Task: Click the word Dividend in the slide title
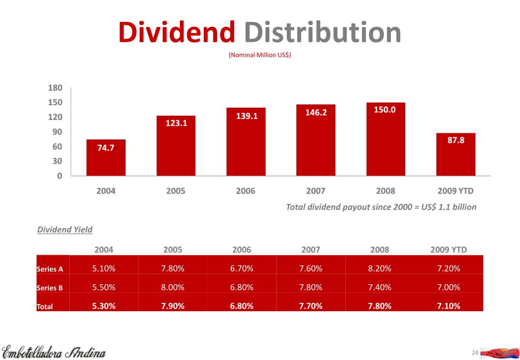[x=176, y=32]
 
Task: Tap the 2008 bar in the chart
[x=386, y=140]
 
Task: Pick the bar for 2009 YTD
[x=455, y=155]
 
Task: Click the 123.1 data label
[x=176, y=123]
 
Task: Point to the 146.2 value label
[x=316, y=112]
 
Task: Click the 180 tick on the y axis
[x=55, y=88]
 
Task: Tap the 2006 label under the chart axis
[x=246, y=191]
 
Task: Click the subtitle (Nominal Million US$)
[x=260, y=54]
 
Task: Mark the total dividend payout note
[x=381, y=207]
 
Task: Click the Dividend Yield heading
[x=65, y=229]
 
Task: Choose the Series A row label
[x=50, y=269]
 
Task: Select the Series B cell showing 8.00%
[x=173, y=287]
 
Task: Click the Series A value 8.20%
[x=379, y=268]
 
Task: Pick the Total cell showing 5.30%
[x=104, y=306]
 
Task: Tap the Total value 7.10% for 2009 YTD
[x=448, y=306]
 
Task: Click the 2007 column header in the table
[x=311, y=250]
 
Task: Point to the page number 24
[x=475, y=353]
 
